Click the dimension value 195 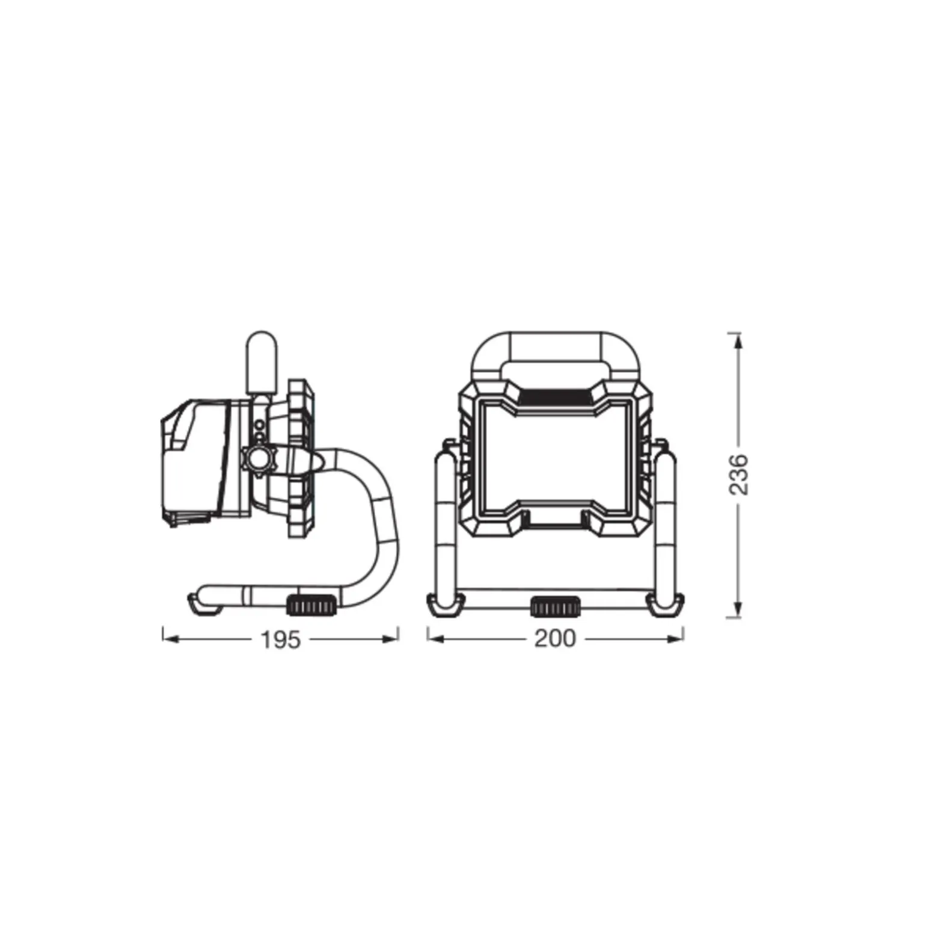[x=280, y=639]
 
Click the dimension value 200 [x=555, y=638]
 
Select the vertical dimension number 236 [x=739, y=475]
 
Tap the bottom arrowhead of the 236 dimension [x=738, y=609]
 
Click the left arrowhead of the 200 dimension [x=436, y=638]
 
